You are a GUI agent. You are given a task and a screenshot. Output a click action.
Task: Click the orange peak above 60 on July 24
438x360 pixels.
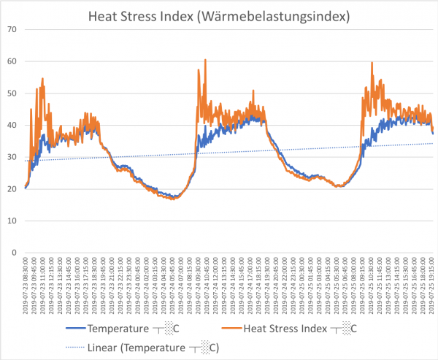pos(205,60)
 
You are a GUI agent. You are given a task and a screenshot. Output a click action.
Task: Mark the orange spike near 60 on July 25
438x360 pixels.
pos(372,63)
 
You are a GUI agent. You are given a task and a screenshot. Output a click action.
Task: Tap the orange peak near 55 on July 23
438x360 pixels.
pos(43,79)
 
